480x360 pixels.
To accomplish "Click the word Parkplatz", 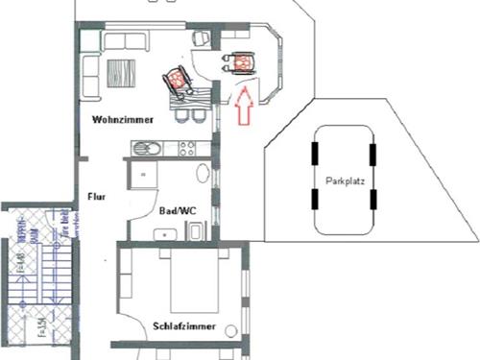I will coord(345,180).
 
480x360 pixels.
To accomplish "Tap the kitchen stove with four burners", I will coord(186,148).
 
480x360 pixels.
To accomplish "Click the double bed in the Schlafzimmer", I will coord(197,283).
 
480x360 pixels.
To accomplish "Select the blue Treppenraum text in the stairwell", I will coord(22,237).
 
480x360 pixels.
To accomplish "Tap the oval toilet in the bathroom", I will coord(202,174).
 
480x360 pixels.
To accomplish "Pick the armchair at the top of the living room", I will coord(201,38).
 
